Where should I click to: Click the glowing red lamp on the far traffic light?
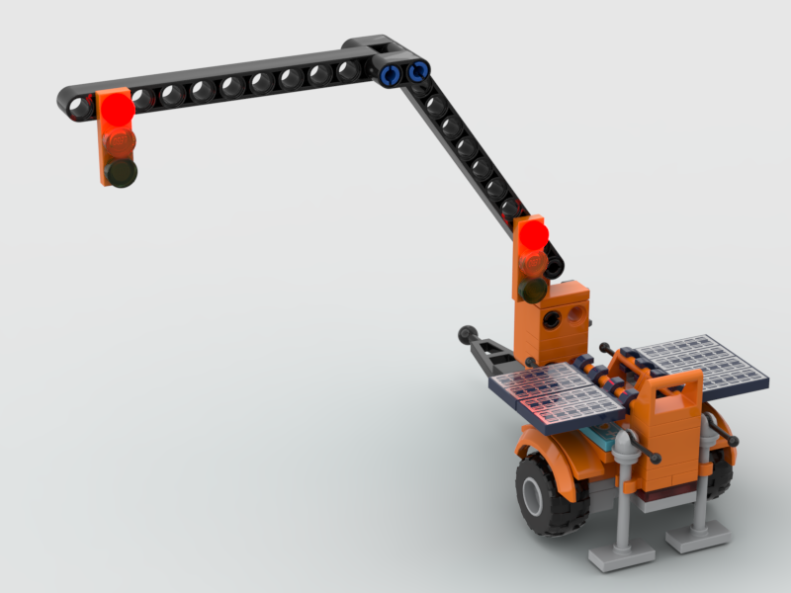[117, 108]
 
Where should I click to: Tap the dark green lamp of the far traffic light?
[122, 173]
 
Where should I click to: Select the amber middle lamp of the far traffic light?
[120, 142]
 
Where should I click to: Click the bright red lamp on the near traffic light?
[533, 234]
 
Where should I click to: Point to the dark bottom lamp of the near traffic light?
[534, 290]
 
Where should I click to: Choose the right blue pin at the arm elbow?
[417, 71]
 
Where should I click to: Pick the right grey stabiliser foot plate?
[698, 537]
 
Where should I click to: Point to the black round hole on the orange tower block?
[573, 317]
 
